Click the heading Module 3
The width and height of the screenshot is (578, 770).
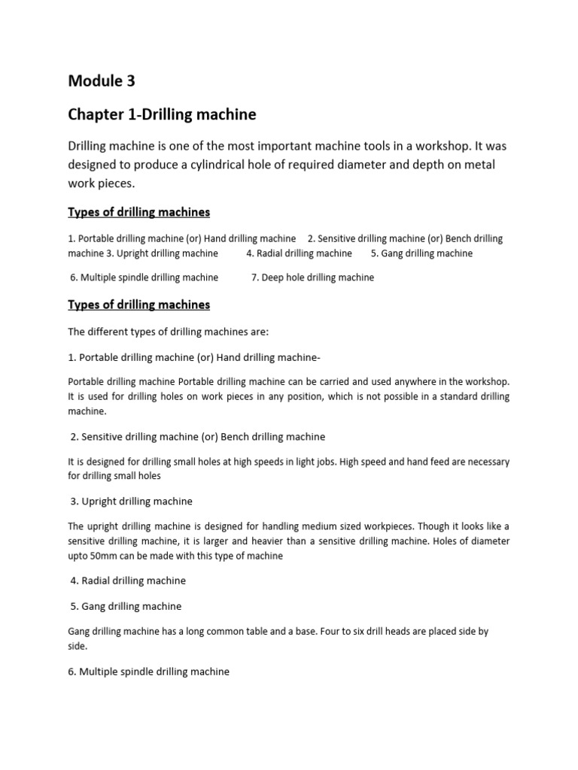coord(103,81)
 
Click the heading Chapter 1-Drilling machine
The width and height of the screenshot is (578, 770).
coord(162,114)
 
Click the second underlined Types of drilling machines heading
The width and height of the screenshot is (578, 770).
coord(139,305)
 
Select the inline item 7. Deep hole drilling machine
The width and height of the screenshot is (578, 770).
coord(312,277)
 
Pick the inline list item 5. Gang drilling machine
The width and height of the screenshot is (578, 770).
coord(422,253)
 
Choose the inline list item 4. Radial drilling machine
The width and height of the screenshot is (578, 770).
coord(299,253)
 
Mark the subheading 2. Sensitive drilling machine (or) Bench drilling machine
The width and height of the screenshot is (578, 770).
coord(197,437)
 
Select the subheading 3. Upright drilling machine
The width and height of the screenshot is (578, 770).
coord(132,502)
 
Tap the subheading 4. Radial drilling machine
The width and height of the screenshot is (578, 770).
coord(128,581)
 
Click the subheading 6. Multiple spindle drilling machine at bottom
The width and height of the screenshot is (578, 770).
coord(149,671)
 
